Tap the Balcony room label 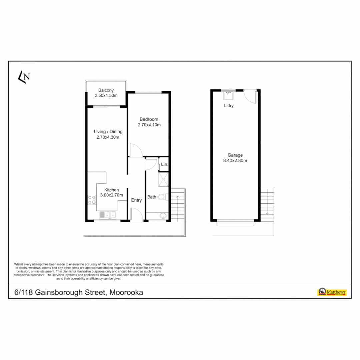coord(106,90)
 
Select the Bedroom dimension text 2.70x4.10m coord(149,125)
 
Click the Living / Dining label coord(108,131)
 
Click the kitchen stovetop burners coord(92,200)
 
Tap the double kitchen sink coord(108,215)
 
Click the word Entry coord(136,200)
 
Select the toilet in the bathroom coord(162,197)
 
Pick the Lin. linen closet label coord(164,164)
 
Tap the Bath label coord(152,197)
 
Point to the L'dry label coord(229,106)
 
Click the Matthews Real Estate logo coord(332,292)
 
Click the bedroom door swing coord(136,150)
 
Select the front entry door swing coord(137,214)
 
